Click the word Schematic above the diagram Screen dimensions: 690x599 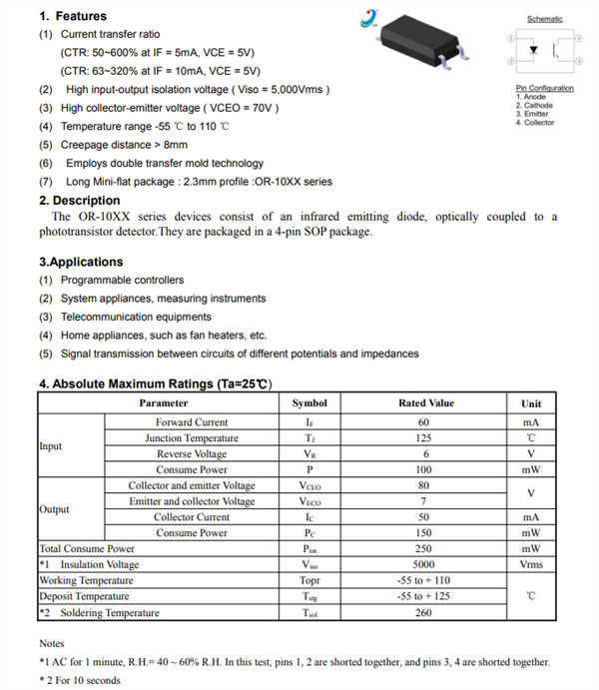pos(544,19)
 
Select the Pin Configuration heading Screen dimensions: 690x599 pos(544,88)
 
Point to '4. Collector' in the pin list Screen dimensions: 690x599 pos(535,123)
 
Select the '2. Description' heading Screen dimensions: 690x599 pos(80,200)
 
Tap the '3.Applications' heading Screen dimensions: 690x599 pos(81,262)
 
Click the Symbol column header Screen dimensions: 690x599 pos(309,403)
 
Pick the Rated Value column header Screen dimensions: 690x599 pos(425,403)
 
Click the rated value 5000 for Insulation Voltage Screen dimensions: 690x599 pos(423,564)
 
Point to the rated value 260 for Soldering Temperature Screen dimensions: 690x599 pos(423,612)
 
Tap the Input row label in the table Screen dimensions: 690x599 pos(51,445)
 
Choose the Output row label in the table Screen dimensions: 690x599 pos(54,509)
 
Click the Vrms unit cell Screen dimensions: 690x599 pos(531,564)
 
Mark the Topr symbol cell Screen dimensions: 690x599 pos(309,580)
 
